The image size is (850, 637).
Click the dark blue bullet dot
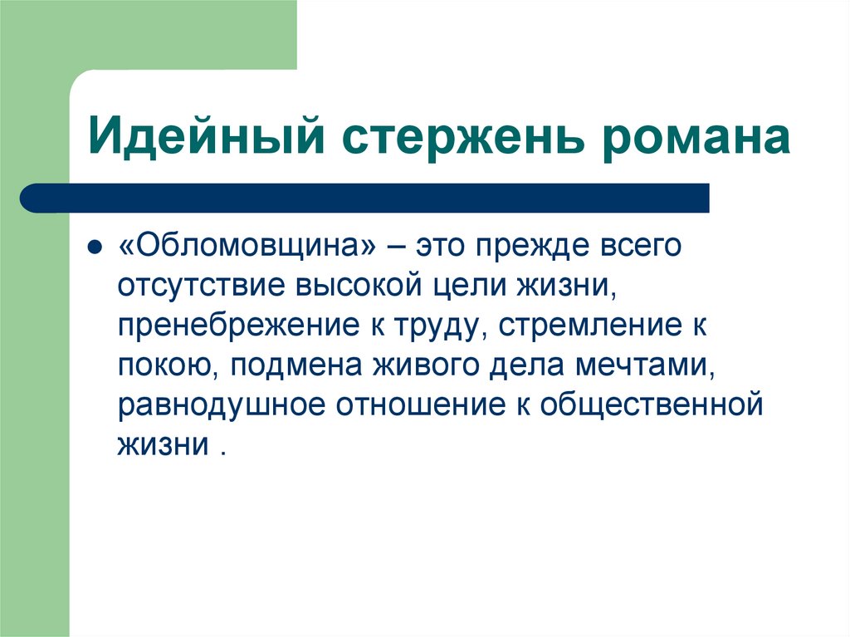(95, 247)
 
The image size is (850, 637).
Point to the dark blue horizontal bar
(365, 198)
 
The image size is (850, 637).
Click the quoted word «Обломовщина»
(248, 247)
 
